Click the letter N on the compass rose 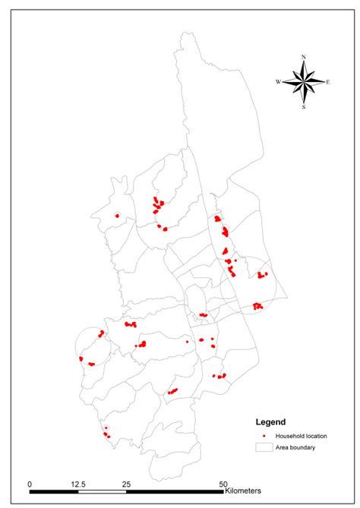click(304, 57)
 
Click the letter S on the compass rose click(304, 107)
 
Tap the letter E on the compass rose click(328, 82)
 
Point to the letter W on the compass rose click(278, 82)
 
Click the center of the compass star click(304, 82)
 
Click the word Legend click(270, 421)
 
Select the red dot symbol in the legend click(263, 436)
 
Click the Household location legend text click(301, 436)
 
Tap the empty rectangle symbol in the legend click(263, 447)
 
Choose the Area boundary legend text click(295, 447)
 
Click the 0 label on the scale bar click(29, 484)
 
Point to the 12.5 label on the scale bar click(77, 484)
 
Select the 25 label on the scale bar click(126, 484)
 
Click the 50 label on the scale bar click(223, 484)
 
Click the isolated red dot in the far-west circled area click(117, 216)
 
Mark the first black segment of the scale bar click(53, 492)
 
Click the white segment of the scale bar click(102, 492)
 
